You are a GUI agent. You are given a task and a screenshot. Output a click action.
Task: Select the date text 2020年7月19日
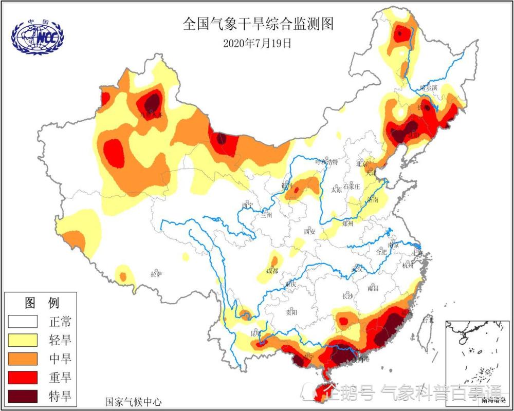(x=257, y=44)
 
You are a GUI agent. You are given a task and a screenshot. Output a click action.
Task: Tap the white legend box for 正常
(x=23, y=322)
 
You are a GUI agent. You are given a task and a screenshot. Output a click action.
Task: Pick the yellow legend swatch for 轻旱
(x=23, y=340)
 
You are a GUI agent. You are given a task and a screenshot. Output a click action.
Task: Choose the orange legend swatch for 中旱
(x=23, y=359)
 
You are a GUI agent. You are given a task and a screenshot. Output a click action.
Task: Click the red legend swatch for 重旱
(x=23, y=377)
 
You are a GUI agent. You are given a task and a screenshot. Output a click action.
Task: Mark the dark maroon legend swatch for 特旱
(x=23, y=396)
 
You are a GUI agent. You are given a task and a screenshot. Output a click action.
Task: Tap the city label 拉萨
(x=156, y=275)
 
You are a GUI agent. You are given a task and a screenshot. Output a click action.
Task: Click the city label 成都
(x=272, y=271)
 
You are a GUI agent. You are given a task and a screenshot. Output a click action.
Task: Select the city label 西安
(x=309, y=232)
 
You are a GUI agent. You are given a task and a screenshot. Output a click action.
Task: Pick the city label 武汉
(x=356, y=268)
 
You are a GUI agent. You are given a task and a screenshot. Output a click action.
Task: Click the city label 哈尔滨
(x=428, y=88)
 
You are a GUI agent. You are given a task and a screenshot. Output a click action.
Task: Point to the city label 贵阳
(x=291, y=312)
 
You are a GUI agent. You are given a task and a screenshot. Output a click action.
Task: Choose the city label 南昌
(x=373, y=289)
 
